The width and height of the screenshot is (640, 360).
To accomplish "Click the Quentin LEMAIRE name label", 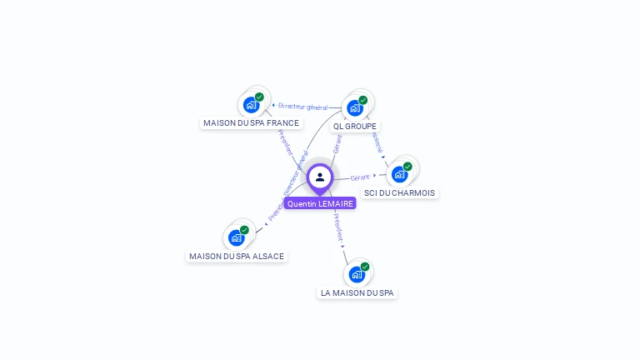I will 320,203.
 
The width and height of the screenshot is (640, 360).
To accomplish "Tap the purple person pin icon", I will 320,177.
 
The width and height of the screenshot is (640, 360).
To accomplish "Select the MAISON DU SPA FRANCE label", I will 251,122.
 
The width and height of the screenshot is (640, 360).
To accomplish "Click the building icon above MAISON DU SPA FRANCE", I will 251,106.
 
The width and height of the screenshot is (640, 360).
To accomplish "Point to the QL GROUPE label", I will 355,127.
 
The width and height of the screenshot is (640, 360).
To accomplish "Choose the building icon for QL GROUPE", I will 355,108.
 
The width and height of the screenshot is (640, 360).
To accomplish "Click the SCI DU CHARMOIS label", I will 400,192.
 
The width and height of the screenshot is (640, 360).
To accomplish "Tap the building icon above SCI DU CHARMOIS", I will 400,175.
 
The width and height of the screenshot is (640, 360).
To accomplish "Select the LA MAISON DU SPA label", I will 357,292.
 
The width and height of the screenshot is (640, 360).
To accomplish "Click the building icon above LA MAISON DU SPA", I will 357,275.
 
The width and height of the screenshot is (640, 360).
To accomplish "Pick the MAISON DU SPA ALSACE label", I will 237,256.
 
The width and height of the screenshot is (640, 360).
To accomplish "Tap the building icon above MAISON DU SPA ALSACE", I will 236,238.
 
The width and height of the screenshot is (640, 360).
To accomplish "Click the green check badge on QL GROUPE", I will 363,100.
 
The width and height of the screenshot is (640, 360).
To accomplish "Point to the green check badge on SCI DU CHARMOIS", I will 407,167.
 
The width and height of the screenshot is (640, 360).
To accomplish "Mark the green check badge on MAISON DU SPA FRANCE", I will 259,97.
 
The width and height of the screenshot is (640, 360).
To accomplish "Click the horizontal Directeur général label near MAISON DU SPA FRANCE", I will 303,107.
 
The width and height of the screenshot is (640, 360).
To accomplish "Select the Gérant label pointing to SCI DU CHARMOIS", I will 360,177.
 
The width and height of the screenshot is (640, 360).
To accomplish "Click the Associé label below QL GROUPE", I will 377,142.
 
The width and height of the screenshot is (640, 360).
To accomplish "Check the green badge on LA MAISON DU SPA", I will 365,267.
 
